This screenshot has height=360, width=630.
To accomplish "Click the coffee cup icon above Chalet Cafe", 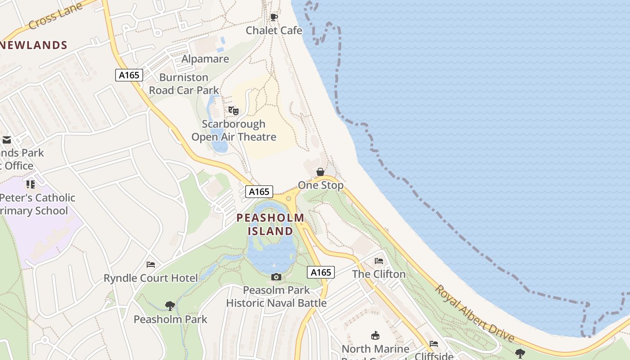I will point(274,18).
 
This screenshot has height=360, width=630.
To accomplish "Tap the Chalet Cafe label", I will point(274,31).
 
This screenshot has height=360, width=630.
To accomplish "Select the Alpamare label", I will point(205,59).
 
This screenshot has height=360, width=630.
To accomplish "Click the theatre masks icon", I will point(233,110).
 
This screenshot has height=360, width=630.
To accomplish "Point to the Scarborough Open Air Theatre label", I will point(234,130).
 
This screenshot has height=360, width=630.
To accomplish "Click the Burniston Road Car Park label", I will point(184,84).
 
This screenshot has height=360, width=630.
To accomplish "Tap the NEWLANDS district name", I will point(34,45).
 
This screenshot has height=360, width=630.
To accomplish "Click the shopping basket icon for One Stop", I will point(320,172).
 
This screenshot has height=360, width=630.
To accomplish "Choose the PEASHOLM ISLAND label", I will point(270,224).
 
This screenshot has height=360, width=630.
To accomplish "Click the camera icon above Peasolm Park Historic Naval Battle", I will point(276,277).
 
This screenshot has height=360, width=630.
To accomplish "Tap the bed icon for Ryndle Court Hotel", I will point(151,265).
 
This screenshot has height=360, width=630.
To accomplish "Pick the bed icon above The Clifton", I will point(379,261).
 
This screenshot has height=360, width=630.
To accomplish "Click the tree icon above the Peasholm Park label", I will point(170,306).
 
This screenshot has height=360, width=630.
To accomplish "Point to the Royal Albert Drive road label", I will point(474,313).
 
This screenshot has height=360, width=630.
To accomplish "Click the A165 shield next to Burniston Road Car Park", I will point(129,75).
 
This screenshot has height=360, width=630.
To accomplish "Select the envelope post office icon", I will point(6,140).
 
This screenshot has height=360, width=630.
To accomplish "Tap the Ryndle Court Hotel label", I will point(151,278).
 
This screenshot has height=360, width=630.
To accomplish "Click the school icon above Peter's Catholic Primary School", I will point(31,184).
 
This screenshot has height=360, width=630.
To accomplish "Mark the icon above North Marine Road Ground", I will point(375,335).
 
